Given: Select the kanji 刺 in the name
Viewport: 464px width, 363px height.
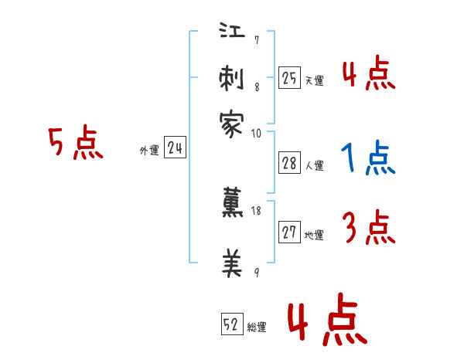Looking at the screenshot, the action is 232,79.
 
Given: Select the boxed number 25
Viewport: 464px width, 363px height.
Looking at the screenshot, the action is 289,77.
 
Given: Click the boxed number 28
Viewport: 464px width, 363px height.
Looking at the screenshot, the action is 289,163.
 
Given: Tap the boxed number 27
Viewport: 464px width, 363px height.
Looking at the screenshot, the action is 289,233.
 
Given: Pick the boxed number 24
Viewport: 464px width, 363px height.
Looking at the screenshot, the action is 175,148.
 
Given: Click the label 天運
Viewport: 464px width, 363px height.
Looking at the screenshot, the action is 314,80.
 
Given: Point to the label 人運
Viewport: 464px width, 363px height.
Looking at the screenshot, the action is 314,165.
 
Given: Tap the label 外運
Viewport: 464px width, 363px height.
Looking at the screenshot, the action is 148,151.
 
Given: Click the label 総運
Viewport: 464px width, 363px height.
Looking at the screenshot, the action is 257,327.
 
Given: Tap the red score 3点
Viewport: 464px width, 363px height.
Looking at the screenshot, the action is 369,229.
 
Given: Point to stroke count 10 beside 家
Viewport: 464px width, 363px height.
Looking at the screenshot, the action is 256,133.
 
